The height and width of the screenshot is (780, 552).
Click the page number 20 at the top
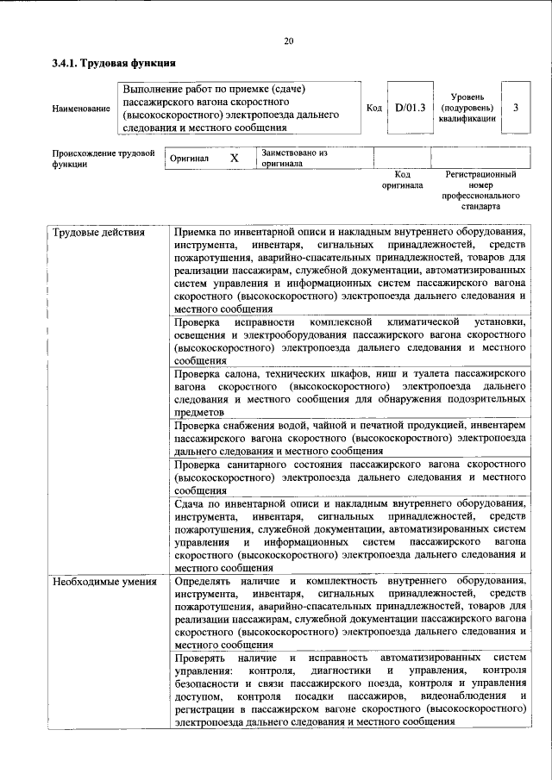[x=288, y=41]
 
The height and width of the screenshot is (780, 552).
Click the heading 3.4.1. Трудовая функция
[x=114, y=63]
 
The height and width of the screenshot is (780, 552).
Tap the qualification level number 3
[x=515, y=109]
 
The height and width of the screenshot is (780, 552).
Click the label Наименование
[x=81, y=109]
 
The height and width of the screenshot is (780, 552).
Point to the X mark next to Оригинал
[x=234, y=159]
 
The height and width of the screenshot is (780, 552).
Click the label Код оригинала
[x=402, y=179]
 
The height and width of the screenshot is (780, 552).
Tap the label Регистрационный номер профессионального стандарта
[x=480, y=190]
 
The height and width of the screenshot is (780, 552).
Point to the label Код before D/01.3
[x=373, y=109]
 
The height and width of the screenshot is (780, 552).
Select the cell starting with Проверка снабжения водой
[x=349, y=437]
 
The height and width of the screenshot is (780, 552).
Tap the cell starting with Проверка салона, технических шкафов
[x=349, y=393]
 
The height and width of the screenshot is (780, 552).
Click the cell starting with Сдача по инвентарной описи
[x=349, y=535]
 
